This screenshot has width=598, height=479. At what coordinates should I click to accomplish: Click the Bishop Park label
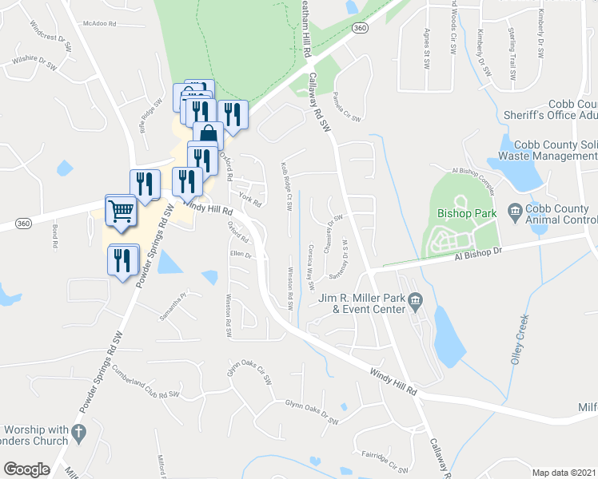pos(467,213)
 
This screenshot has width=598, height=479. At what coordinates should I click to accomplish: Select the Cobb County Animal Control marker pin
pos(514,212)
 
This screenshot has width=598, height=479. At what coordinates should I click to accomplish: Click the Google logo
pos(26,469)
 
